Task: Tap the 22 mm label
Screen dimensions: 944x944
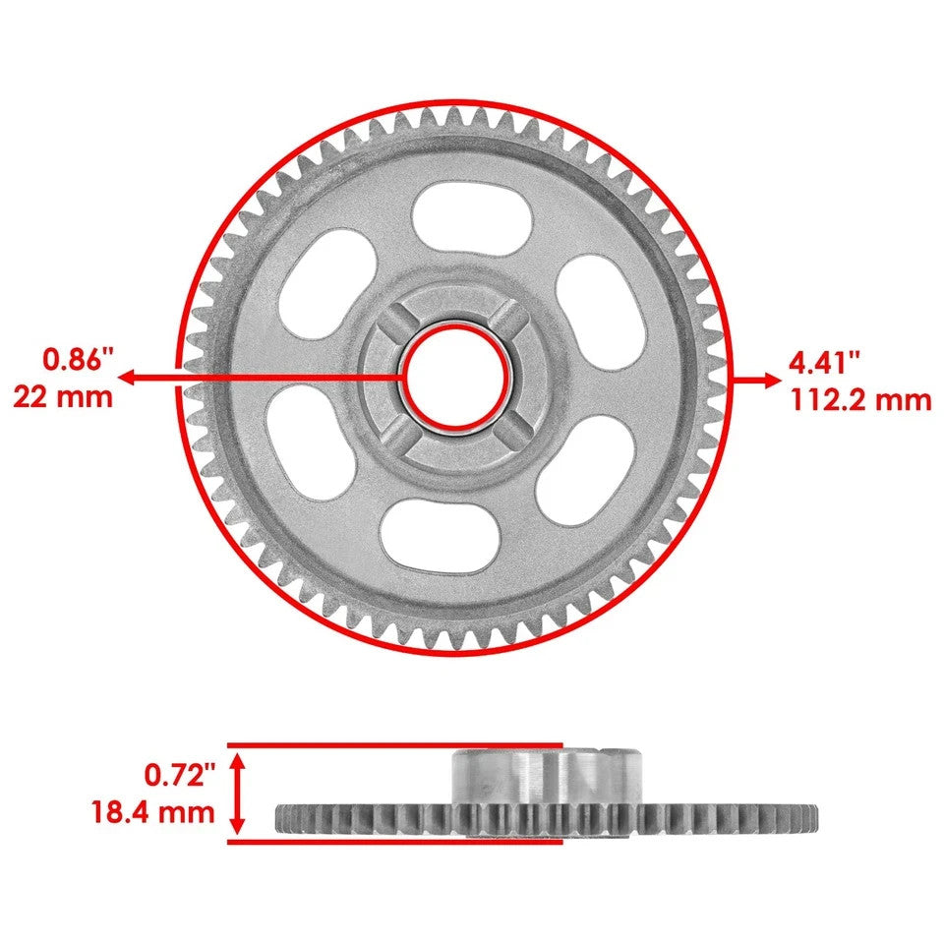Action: point(63,396)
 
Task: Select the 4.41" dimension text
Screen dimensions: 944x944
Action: point(825,361)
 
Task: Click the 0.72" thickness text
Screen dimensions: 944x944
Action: point(179,777)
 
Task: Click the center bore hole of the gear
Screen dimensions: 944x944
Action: point(455,377)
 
